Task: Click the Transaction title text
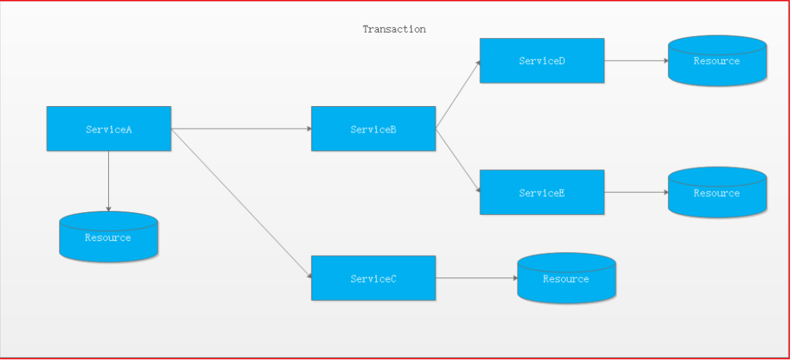tap(394, 29)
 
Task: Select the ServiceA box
tap(109, 129)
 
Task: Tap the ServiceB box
tap(373, 129)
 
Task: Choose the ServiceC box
tap(373, 278)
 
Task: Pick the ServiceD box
tap(542, 60)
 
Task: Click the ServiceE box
tap(542, 192)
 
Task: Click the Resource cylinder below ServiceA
tap(109, 237)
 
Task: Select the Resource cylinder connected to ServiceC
tap(567, 278)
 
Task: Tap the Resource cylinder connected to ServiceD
tap(717, 60)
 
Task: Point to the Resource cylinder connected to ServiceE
tap(717, 192)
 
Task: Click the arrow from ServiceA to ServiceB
tap(241, 129)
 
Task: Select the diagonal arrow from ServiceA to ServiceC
tap(241, 203)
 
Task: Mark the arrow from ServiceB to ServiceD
tap(458, 95)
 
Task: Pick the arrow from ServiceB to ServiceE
tap(458, 160)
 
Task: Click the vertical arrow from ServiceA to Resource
tap(109, 181)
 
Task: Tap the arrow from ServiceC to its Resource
tap(477, 278)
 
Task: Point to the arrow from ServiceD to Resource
tap(637, 60)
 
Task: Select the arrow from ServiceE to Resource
tap(637, 192)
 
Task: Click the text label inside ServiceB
tap(373, 129)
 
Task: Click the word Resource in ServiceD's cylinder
tap(716, 61)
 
